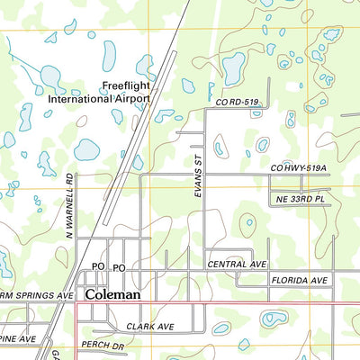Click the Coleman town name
pyautogui.click(x=112, y=293)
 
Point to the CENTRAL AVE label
pyautogui.click(x=238, y=265)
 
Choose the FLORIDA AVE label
pyautogui.click(x=299, y=281)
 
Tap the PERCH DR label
pyautogui.click(x=103, y=346)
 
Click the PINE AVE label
pyautogui.click(x=17, y=338)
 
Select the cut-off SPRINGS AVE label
pyautogui.click(x=36, y=294)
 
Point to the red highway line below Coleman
pyautogui.click(x=216, y=302)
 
